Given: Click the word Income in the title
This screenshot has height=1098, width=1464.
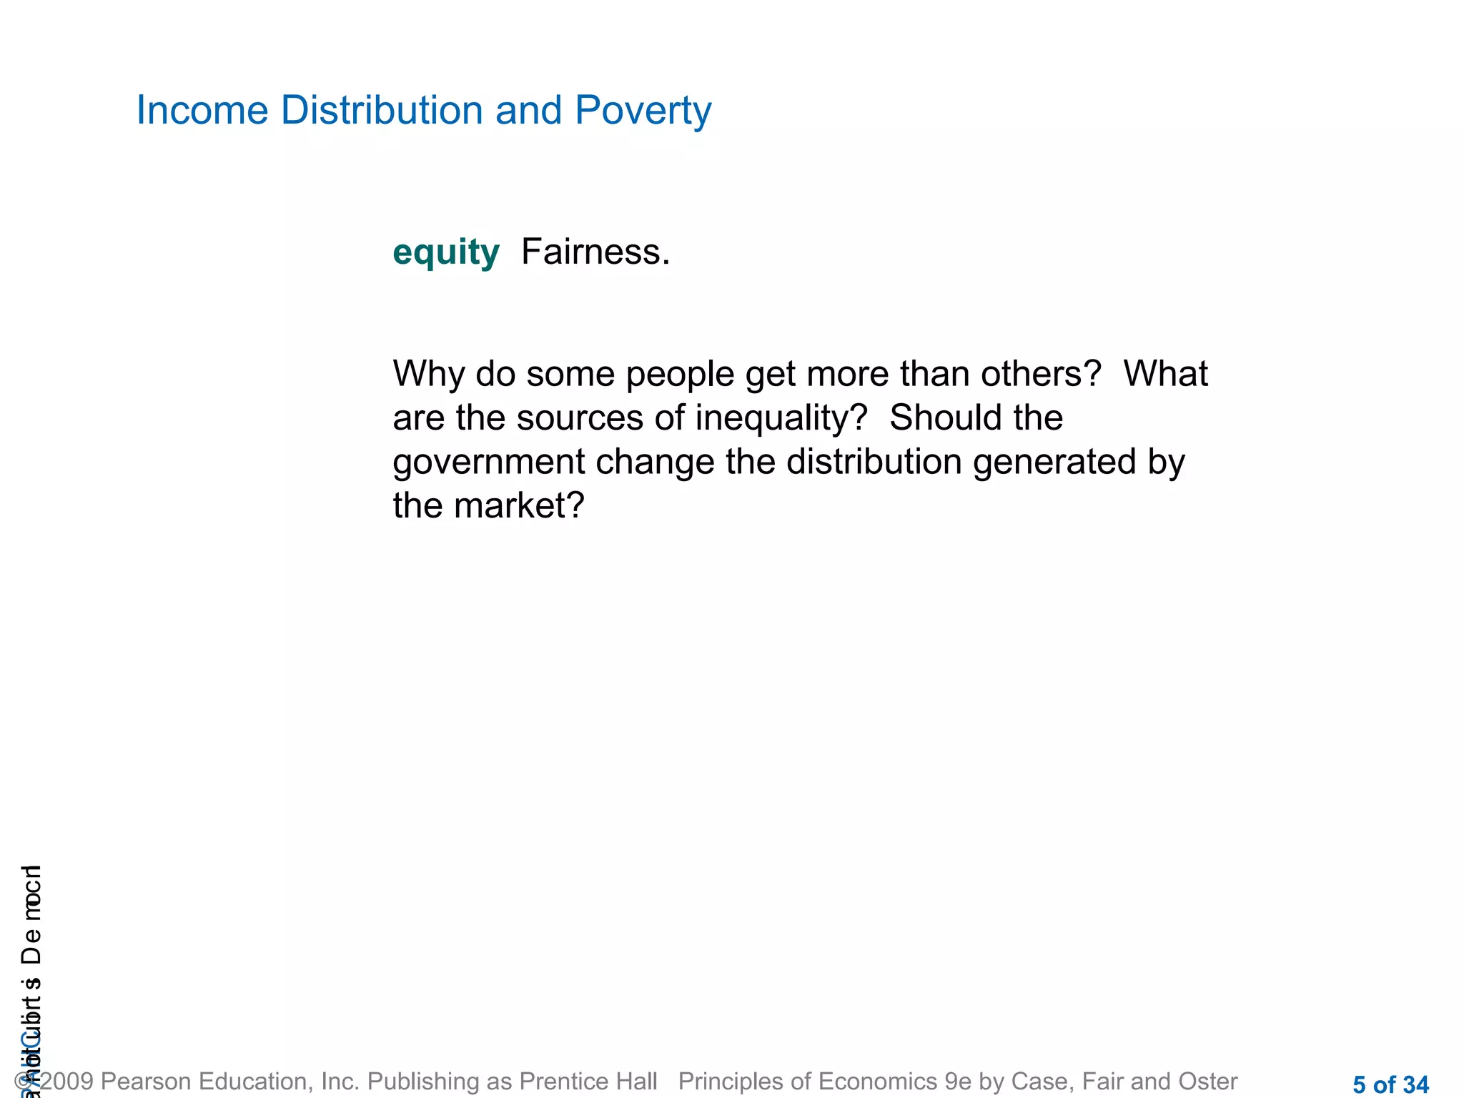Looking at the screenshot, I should tap(202, 111).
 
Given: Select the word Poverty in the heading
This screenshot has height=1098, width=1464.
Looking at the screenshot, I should tap(643, 111).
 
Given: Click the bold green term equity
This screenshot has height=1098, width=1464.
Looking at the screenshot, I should tap(446, 253).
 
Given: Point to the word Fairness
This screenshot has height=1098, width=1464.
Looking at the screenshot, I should tap(595, 252).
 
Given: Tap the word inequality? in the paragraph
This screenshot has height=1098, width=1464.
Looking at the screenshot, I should tap(781, 418).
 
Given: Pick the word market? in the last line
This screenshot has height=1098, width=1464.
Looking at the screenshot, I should tap(520, 506).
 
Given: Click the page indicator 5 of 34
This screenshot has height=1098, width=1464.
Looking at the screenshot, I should tap(1390, 1084).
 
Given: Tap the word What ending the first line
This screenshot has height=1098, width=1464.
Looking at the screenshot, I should tap(1165, 374).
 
